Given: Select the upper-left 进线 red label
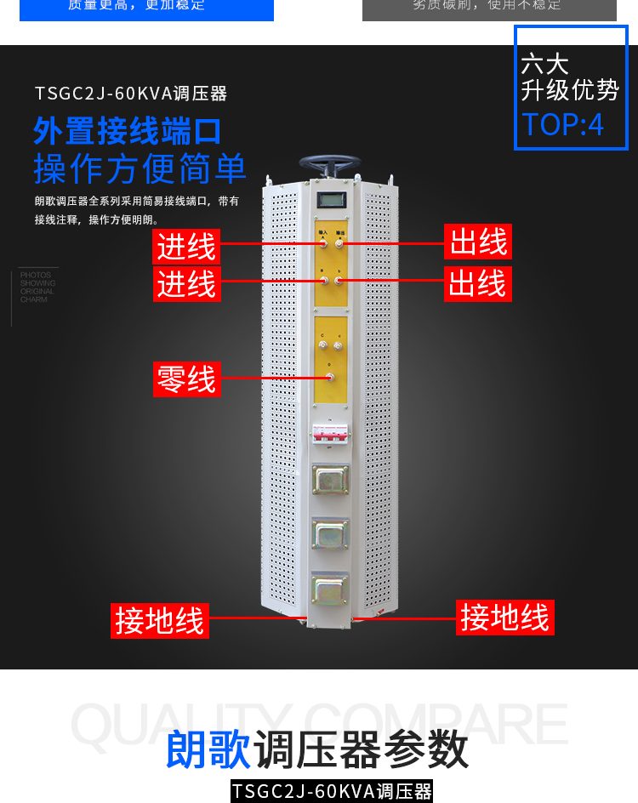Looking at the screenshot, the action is pyautogui.click(x=186, y=247).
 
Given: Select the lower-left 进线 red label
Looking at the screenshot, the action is pyautogui.click(x=186, y=283).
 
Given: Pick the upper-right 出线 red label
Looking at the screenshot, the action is pyautogui.click(x=479, y=243).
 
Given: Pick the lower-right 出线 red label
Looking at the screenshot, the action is pyautogui.click(x=477, y=283).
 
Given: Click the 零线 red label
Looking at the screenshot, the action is pyautogui.click(x=186, y=379).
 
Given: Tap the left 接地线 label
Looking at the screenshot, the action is pyautogui.click(x=160, y=620).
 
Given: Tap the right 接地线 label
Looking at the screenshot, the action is pyautogui.click(x=505, y=617).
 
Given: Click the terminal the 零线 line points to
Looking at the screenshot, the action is pyautogui.click(x=329, y=377).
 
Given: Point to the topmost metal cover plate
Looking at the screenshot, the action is pyautogui.click(x=330, y=480).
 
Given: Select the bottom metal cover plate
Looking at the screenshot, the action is pyautogui.click(x=330, y=589).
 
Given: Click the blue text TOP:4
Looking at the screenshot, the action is pyautogui.click(x=562, y=124).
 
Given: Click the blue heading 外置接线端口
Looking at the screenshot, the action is pyautogui.click(x=128, y=131).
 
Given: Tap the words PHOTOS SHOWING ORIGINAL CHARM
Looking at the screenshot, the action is pyautogui.click(x=37, y=288).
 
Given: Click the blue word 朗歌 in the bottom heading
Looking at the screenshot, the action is pyautogui.click(x=208, y=749).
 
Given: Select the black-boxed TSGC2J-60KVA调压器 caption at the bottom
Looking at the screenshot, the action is pyautogui.click(x=332, y=792).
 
